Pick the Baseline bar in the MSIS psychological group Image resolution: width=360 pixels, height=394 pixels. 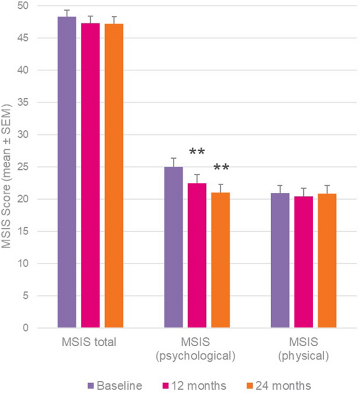[173, 247]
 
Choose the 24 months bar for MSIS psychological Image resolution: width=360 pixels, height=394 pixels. [220, 261]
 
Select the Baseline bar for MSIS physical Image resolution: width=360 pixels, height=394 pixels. [281, 261]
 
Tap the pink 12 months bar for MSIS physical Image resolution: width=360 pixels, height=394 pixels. [304, 262]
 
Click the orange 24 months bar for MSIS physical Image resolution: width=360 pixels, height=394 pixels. [327, 261]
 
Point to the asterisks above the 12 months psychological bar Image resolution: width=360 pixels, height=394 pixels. [197, 152]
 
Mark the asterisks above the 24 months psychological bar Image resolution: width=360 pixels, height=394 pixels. [221, 169]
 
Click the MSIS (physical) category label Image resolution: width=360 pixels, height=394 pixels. [304, 349]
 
